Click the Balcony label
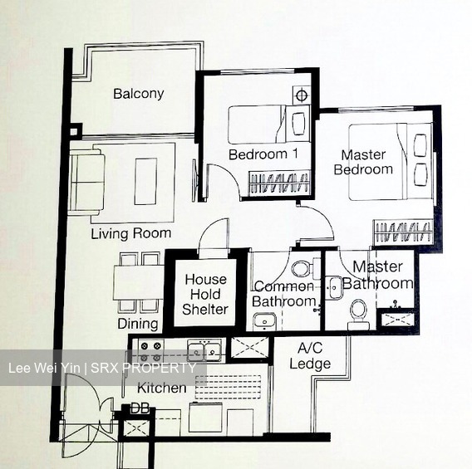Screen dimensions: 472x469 coord(139,94)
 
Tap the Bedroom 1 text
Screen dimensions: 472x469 coord(263,154)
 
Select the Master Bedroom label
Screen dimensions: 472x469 coord(363,163)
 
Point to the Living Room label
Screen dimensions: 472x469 coord(131,233)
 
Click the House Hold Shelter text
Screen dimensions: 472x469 coord(205,295)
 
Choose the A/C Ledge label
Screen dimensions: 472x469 coord(310,356)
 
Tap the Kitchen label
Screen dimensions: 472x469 coord(162,388)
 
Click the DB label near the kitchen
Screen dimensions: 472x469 coord(140,408)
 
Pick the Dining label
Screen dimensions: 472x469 coord(138,324)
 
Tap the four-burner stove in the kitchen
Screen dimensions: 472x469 coord(150,351)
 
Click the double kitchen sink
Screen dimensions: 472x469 coord(204,350)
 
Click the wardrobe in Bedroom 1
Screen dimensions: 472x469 coord(279,183)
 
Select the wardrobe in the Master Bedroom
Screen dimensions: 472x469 coord(403,232)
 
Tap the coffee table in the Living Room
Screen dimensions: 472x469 coord(145,181)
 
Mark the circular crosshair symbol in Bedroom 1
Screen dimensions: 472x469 coord(302,95)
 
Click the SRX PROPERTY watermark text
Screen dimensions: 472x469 coord(143,368)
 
